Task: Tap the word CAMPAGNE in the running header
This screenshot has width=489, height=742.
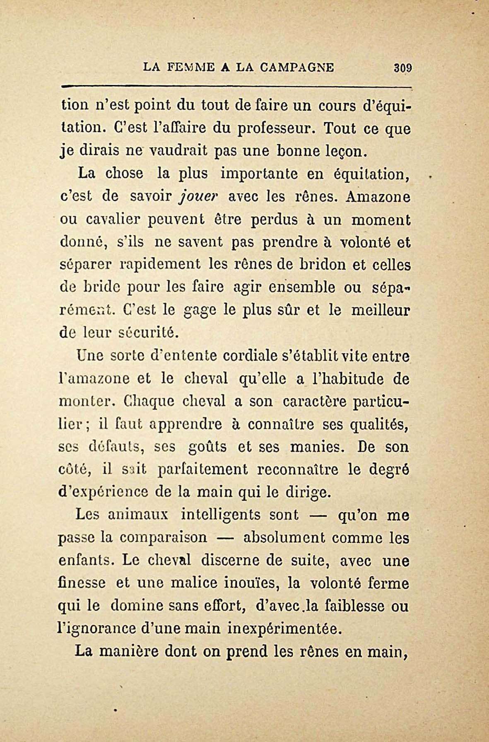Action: click(297, 67)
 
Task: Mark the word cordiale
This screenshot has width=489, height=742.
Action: click(244, 356)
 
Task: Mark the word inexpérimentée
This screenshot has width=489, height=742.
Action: click(285, 629)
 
